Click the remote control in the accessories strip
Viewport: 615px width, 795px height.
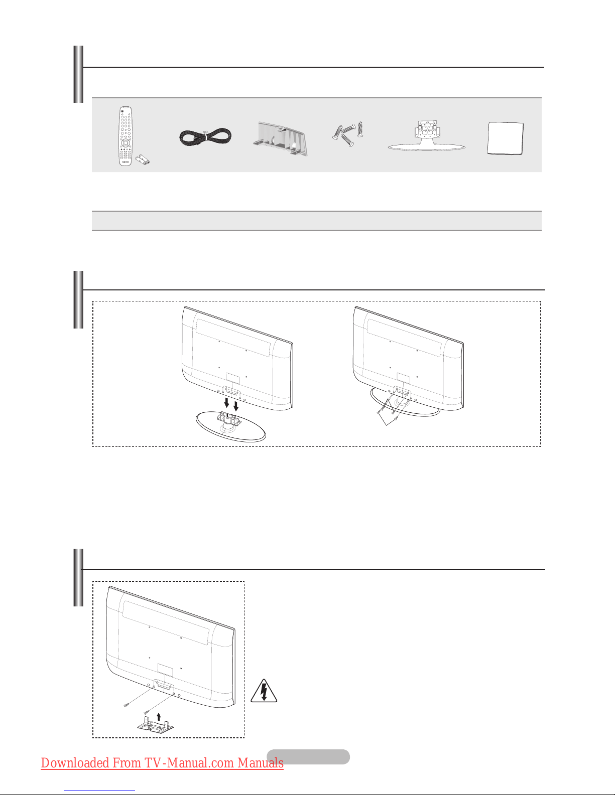coord(125,136)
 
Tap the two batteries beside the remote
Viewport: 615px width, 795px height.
coord(143,160)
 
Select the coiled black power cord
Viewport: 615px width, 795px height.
coord(205,137)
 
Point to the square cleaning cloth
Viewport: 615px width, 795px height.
coord(506,138)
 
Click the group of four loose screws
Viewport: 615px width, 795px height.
coord(348,134)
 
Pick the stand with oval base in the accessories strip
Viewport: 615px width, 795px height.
coord(426,135)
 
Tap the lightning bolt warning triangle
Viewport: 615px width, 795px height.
coord(264,691)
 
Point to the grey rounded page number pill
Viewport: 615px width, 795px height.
coord(308,757)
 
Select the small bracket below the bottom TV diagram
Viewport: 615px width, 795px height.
coord(156,725)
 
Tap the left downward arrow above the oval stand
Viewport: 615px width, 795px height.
coord(226,403)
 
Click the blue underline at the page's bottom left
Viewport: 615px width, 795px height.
coord(99,791)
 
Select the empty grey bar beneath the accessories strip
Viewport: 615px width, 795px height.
coord(316,221)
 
